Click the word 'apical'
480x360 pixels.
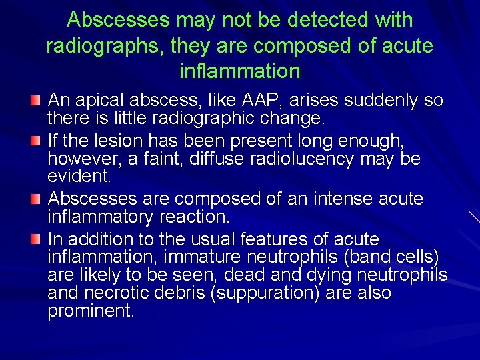[x=103, y=101]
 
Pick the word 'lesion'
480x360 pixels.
[x=124, y=140]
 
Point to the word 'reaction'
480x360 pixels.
[x=193, y=217]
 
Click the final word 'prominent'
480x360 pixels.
[x=91, y=311]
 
